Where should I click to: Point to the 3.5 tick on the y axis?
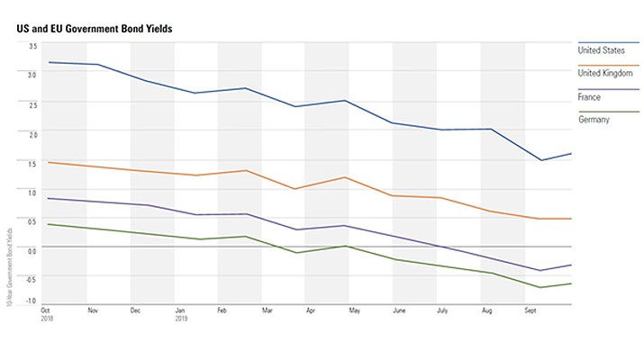tap(32, 45)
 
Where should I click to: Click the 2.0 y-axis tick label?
tap(32, 134)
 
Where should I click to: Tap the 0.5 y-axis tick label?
tap(32, 221)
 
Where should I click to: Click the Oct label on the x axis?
tap(46, 310)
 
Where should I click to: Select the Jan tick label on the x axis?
tap(180, 310)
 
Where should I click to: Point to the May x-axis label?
tap(354, 310)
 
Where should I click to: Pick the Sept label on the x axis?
tap(531, 310)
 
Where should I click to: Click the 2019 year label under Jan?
tap(181, 319)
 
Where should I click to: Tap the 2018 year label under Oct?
tap(48, 319)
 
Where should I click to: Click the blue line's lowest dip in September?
tap(541, 160)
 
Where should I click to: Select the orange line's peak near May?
tap(347, 177)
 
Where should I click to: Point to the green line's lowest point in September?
tap(541, 287)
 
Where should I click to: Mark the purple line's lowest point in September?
tap(541, 270)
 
